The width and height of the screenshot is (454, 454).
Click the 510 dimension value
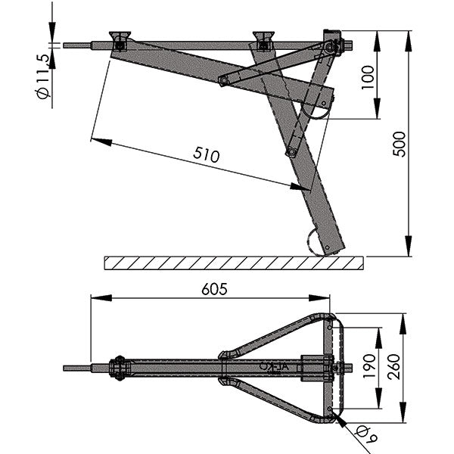[205, 155]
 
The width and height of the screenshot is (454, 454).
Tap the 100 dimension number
[368, 76]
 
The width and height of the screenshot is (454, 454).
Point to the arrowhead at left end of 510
[97, 140]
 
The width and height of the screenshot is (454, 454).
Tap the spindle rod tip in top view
[68, 368]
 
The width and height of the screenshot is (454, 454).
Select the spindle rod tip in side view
[68, 45]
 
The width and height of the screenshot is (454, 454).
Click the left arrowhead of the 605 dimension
[95, 297]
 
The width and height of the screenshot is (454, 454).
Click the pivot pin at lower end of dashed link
[291, 152]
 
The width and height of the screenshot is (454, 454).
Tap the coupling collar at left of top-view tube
[118, 368]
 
